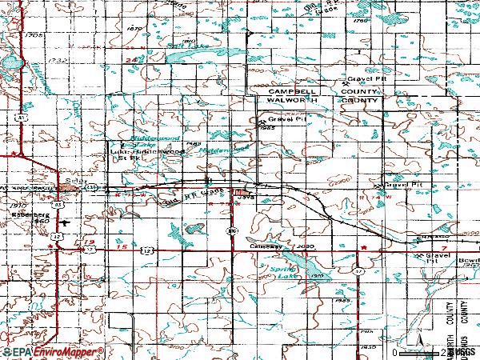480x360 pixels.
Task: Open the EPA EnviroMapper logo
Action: [52, 352]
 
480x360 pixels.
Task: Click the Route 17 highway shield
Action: [358, 273]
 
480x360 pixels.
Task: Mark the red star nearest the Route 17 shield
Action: [364, 249]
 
